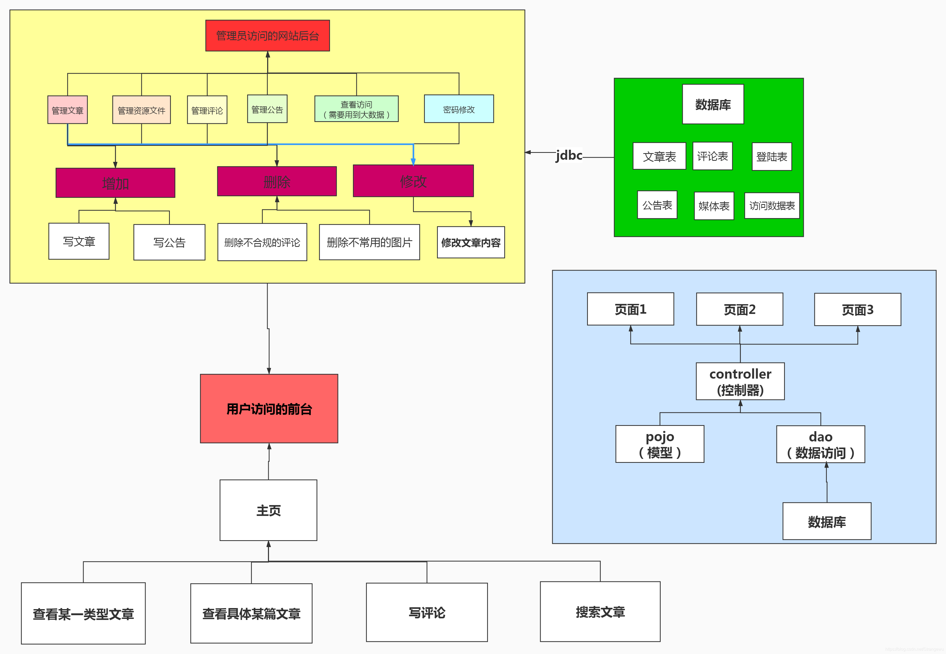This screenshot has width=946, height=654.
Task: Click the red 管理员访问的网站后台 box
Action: [267, 36]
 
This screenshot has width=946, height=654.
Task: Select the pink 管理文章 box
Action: [68, 110]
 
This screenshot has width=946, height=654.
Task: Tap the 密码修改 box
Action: [458, 109]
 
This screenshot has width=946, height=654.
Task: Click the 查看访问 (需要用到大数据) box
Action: [356, 109]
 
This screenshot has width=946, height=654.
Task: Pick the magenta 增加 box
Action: [116, 183]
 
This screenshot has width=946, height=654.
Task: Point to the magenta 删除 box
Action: [277, 181]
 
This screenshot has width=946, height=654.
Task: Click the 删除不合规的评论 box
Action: [262, 242]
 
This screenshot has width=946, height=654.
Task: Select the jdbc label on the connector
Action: [569, 155]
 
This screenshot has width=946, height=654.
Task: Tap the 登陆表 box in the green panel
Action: [772, 157]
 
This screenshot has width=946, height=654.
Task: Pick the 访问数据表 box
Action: [772, 206]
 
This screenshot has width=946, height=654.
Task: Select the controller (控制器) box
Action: [740, 381]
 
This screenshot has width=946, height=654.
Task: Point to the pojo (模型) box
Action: [660, 444]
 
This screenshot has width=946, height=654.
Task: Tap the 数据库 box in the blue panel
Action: [827, 521]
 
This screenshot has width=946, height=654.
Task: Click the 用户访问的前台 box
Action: [269, 408]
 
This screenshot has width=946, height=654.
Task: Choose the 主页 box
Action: [268, 510]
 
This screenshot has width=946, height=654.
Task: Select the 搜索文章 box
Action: [600, 611]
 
